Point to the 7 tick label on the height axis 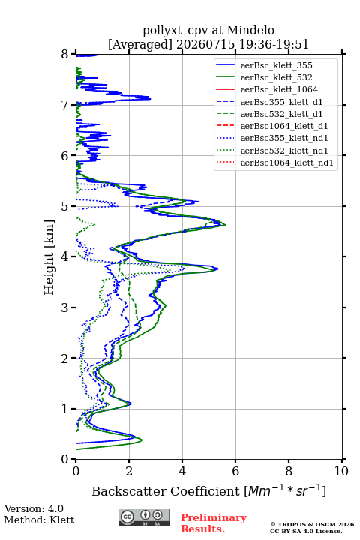pyautogui.click(x=65, y=105)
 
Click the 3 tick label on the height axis pyautogui.click(x=65, y=307)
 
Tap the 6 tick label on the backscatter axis pyautogui.click(x=235, y=471)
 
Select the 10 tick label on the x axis pyautogui.click(x=341, y=471)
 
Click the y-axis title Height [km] pyautogui.click(x=49, y=257)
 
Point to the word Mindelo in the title pyautogui.click(x=250, y=30)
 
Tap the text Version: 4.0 pyautogui.click(x=34, y=508)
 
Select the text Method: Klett pyautogui.click(x=39, y=520)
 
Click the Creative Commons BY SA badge pyautogui.click(x=144, y=517)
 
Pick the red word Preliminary pyautogui.click(x=214, y=518)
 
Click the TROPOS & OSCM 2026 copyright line pyautogui.click(x=313, y=524)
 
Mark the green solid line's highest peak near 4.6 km pyautogui.click(x=225, y=225)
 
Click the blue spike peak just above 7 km pyautogui.click(x=150, y=99)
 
